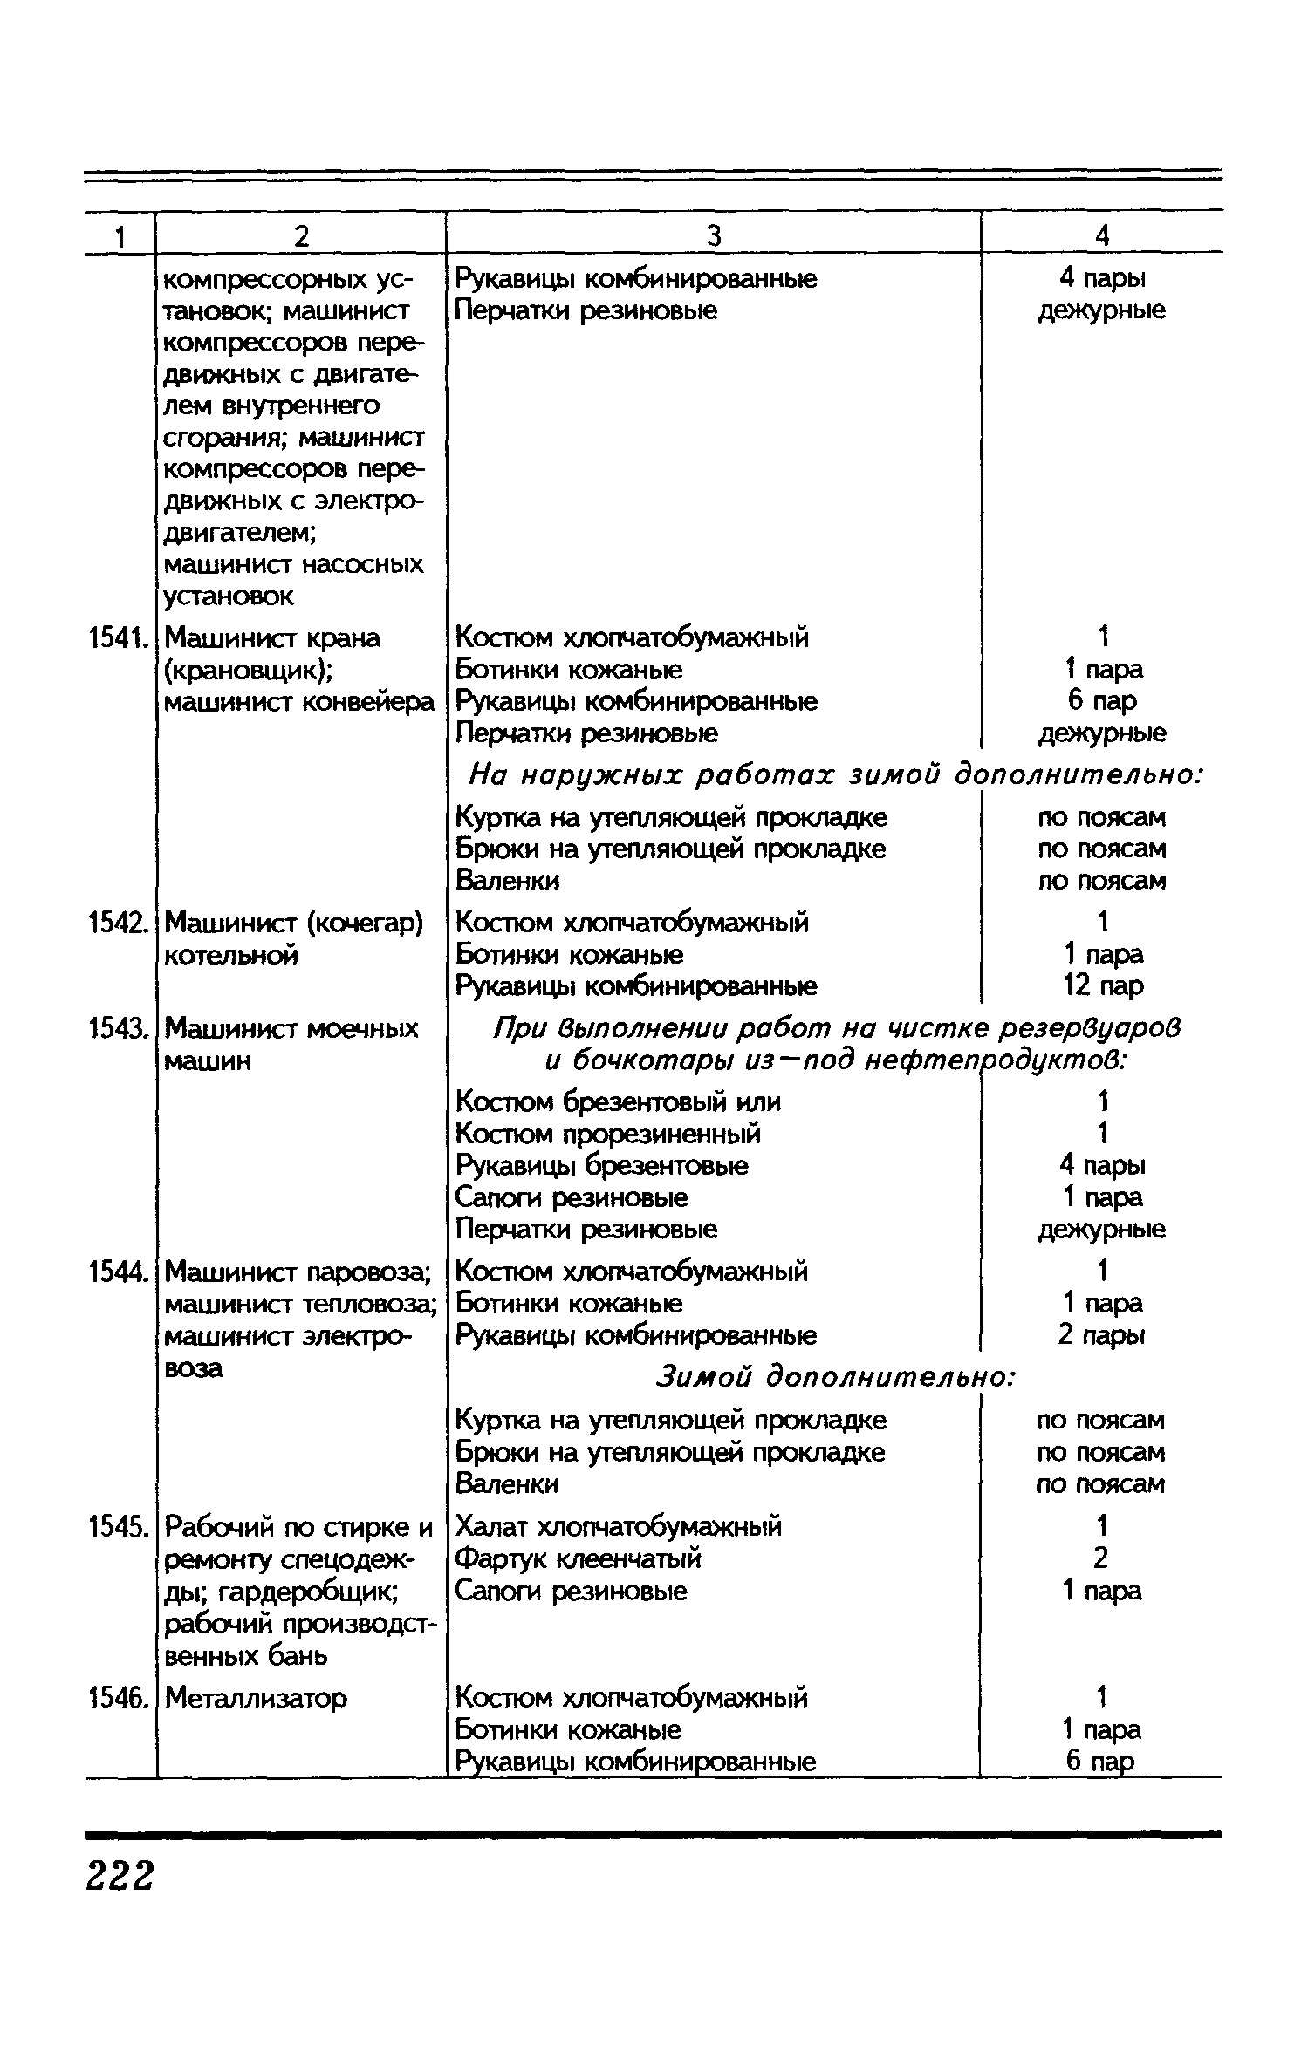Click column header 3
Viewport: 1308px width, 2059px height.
coord(714,235)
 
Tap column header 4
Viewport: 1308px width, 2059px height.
coord(1102,235)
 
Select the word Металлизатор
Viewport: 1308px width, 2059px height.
coord(256,1698)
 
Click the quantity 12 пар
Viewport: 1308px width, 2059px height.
coord(1102,986)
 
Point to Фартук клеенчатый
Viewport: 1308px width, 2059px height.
coord(579,1558)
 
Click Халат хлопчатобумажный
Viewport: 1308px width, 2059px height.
coord(619,1527)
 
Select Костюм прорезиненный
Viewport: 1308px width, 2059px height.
coord(608,1134)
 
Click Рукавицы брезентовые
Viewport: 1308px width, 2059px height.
coord(602,1166)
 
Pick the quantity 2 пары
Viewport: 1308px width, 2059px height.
coord(1102,1335)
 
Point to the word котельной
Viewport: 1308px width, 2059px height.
coord(231,955)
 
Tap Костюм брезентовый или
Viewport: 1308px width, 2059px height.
coord(618,1102)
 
